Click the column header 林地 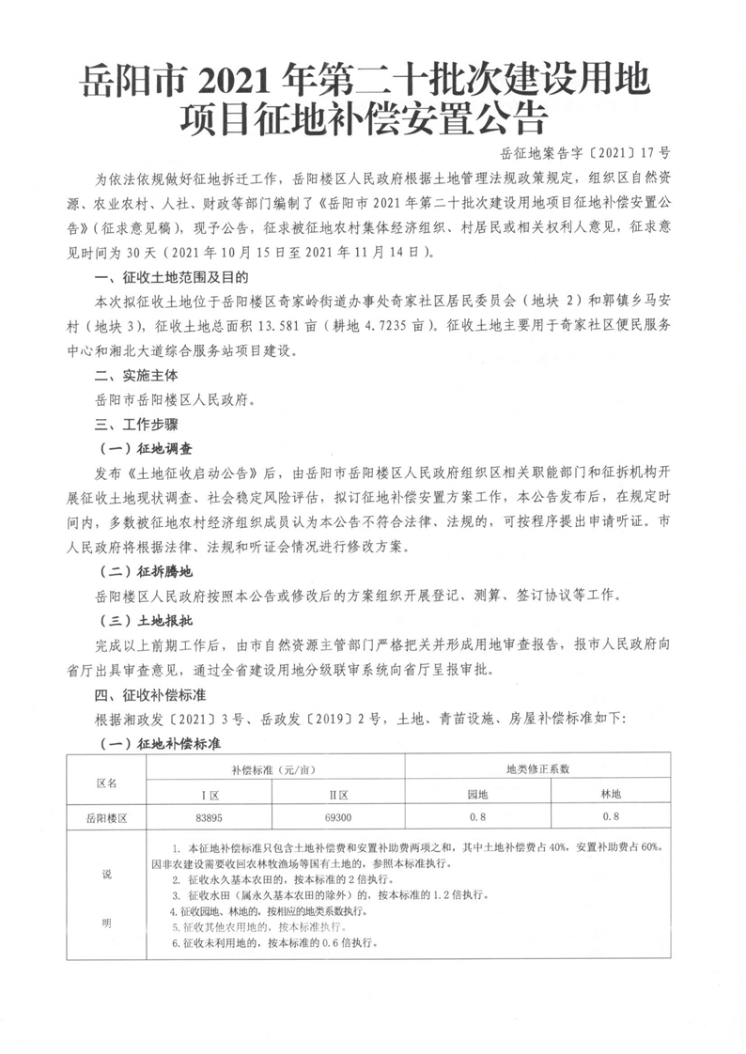pyautogui.click(x=611, y=794)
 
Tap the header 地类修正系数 pyautogui.click(x=543, y=769)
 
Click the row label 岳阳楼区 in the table pyautogui.click(x=106, y=818)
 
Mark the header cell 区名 pyautogui.click(x=106, y=782)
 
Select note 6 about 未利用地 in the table pyautogui.click(x=282, y=941)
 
